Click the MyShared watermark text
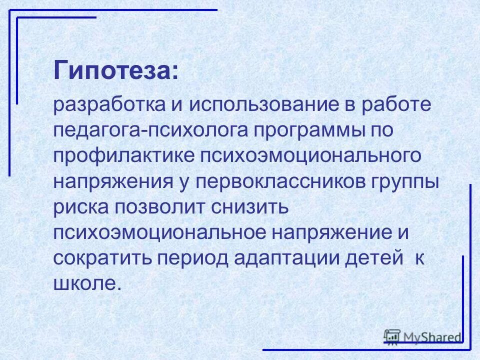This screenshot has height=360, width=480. [x=432, y=337]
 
